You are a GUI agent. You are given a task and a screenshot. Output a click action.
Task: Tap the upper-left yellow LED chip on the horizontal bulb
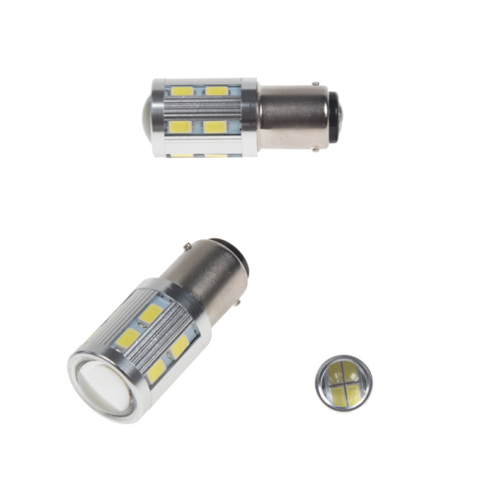(x=183, y=91)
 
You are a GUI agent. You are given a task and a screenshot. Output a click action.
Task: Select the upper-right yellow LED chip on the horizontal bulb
(x=216, y=91)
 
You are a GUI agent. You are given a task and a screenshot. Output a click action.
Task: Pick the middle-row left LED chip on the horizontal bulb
(x=179, y=126)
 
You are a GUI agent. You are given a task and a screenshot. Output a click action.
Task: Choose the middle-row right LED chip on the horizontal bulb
(x=213, y=126)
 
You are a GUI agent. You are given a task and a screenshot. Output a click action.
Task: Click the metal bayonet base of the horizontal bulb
(x=291, y=116)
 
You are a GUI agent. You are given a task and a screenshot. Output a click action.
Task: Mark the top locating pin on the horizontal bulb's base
(x=315, y=83)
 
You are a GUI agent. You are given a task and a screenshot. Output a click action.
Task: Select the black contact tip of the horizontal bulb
(x=333, y=115)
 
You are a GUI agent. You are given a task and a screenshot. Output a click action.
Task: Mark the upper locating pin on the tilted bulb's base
(x=188, y=245)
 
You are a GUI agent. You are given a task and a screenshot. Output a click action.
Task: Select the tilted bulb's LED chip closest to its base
(x=150, y=314)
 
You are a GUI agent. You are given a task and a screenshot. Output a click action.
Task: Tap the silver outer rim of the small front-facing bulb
(x=320, y=394)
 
